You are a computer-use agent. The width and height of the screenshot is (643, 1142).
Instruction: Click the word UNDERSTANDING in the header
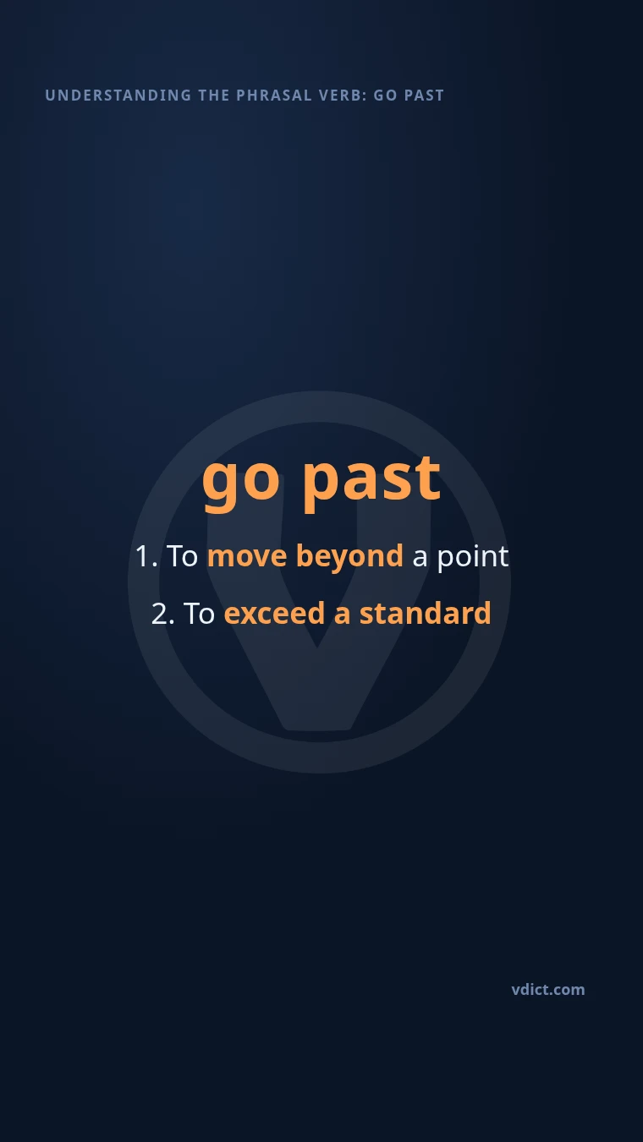[x=118, y=96]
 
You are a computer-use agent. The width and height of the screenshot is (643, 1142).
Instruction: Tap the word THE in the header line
[x=214, y=96]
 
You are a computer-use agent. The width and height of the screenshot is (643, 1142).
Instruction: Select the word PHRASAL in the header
[x=274, y=96]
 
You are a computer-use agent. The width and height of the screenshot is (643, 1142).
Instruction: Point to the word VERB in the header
[x=343, y=96]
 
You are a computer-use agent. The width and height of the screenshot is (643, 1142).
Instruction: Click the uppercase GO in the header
[x=385, y=96]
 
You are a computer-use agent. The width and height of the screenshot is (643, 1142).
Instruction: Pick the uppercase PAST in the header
[x=424, y=96]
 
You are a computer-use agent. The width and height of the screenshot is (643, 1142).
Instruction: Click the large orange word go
[x=241, y=483]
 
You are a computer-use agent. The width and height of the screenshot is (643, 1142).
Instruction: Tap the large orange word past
[x=371, y=483]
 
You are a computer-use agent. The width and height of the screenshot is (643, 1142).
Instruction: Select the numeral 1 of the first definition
[x=142, y=555]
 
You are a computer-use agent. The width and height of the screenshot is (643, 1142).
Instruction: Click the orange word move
[x=247, y=556]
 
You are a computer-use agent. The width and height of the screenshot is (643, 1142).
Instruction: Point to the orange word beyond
[x=349, y=558]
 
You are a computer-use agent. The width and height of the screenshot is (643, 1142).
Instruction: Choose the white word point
[x=473, y=557]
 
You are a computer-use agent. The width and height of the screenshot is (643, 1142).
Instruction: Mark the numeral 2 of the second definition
[x=160, y=614]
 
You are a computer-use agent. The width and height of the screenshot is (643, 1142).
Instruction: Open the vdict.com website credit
[x=548, y=990]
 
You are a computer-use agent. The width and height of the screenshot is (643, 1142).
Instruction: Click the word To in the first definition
[x=182, y=555]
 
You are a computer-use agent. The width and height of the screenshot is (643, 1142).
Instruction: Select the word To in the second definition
[x=199, y=613]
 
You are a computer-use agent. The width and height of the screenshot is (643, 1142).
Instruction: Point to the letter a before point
[x=420, y=559]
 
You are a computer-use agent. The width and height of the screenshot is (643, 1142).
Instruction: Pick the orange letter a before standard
[x=342, y=615]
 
